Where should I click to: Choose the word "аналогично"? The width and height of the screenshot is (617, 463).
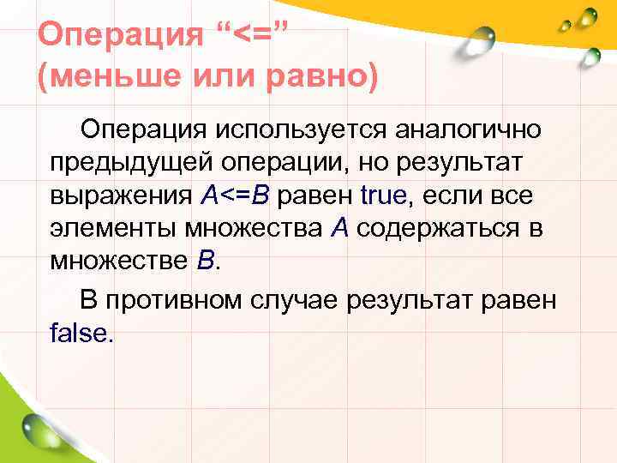[x=468, y=130]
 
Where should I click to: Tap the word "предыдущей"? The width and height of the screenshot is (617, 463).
[x=133, y=163]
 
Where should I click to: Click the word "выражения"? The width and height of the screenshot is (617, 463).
[x=121, y=196]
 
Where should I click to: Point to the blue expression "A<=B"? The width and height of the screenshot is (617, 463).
[x=235, y=196]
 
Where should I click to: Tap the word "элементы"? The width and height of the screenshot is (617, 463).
[x=115, y=229]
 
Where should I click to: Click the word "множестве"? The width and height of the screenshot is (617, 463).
[x=117, y=262]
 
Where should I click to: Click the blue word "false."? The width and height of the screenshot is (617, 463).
[x=81, y=333]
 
